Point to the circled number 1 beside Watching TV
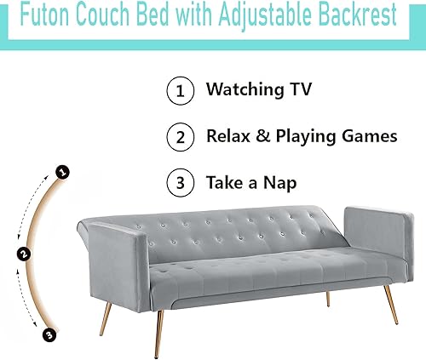click(x=179, y=91)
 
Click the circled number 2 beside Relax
click(x=179, y=136)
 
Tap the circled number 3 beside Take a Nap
click(x=179, y=183)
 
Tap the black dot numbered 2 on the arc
click(x=24, y=253)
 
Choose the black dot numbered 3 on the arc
click(x=50, y=334)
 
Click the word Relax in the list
click(x=227, y=135)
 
